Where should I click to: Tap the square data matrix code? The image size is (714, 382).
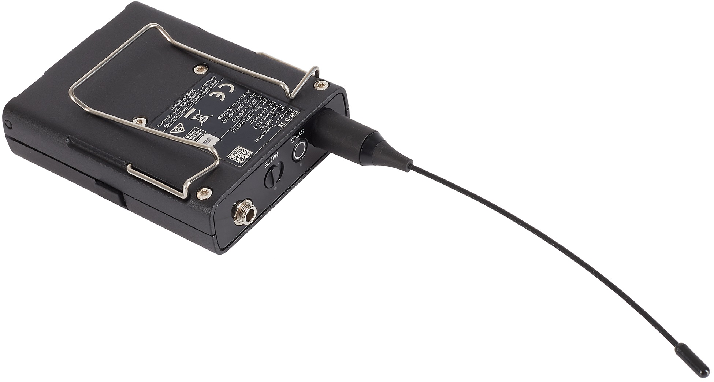[240, 154]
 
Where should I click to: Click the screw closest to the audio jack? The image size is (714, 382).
[204, 193]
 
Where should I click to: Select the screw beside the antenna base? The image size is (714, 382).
[321, 86]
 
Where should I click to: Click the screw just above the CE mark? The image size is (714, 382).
[200, 68]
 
